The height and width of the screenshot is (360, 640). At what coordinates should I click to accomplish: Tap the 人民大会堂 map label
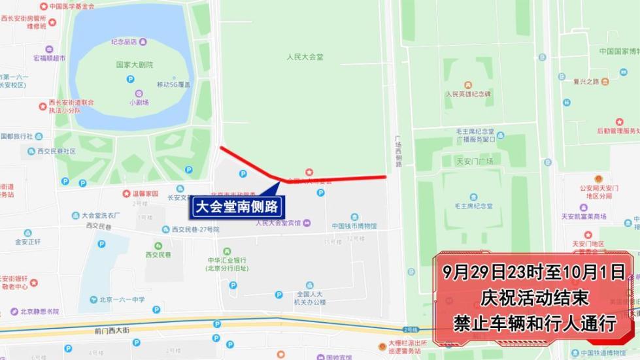(x=305, y=57)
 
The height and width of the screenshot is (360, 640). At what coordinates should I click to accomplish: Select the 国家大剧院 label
(x=134, y=65)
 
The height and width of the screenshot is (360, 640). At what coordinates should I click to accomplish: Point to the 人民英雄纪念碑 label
(x=468, y=94)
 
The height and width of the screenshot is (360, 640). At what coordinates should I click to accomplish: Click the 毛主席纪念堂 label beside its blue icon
(x=473, y=206)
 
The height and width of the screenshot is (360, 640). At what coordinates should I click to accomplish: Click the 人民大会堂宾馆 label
(x=278, y=223)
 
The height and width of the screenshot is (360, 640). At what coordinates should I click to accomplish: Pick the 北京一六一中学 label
(x=122, y=300)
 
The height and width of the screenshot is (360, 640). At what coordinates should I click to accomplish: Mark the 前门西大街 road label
(x=108, y=331)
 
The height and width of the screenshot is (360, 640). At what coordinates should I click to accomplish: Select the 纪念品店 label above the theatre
(x=124, y=42)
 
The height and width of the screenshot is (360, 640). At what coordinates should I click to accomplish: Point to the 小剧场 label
(x=139, y=103)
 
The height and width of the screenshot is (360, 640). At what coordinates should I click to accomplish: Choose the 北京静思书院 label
(x=39, y=312)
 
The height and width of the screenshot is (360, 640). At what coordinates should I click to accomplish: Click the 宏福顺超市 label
(x=49, y=58)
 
